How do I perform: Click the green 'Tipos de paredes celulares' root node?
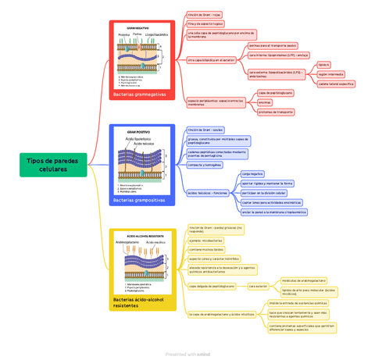54,165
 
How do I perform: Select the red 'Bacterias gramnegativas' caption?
140,94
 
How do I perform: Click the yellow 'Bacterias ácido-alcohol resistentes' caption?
141,302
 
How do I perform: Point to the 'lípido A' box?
324,65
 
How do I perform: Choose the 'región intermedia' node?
331,74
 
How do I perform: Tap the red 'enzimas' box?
264,102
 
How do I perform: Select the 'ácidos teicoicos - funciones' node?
208,192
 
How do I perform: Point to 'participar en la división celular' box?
264,192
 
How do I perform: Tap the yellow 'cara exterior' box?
258,286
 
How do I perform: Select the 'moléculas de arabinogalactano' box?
304,280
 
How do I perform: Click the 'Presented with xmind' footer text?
187,354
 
